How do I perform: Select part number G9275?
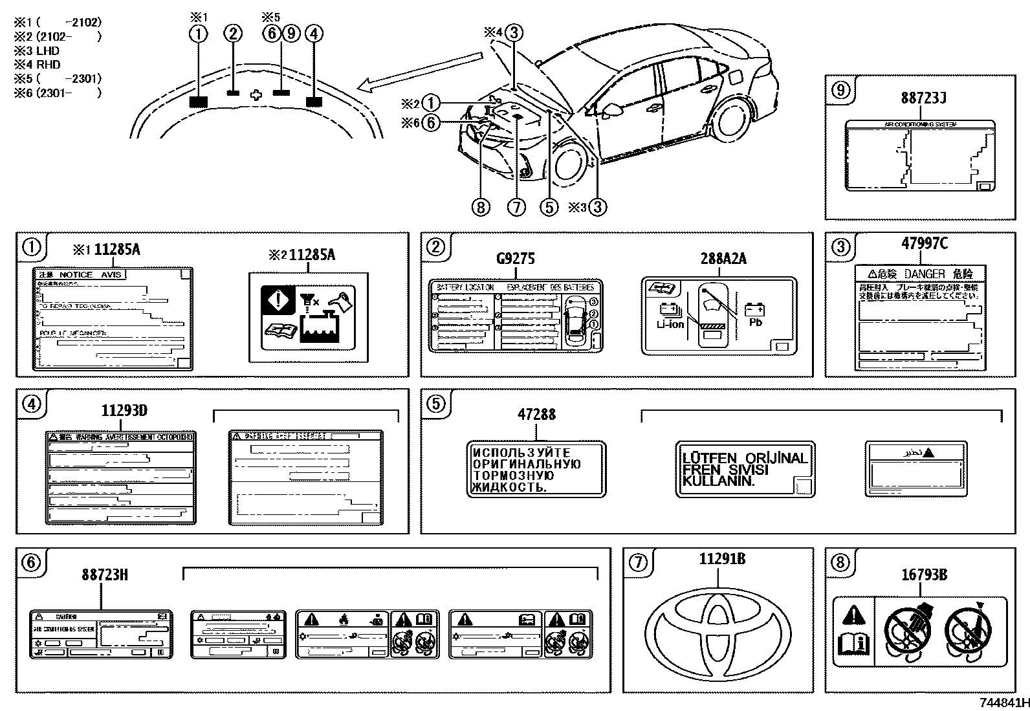point(516,259)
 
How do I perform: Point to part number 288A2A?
point(723,259)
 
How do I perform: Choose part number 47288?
point(536,415)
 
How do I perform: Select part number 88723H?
point(104,574)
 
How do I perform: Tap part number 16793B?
point(924,574)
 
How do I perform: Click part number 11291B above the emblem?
point(721,559)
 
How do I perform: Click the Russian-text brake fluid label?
point(536,470)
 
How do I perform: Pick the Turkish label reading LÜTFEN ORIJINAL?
point(745,470)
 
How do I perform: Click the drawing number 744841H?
point(1002,703)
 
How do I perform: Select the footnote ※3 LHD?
point(37,50)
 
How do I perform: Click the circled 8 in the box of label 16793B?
point(840,562)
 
